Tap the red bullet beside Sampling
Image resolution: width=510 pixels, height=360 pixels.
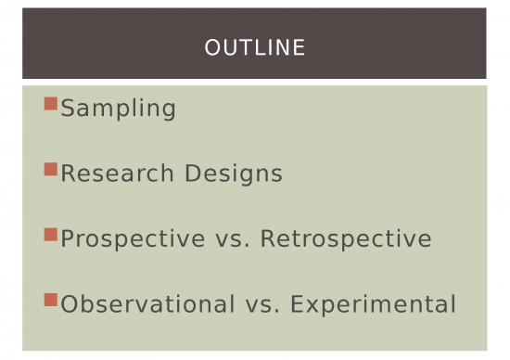[x=51, y=104]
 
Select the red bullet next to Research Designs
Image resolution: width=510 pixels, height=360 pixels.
[x=51, y=169]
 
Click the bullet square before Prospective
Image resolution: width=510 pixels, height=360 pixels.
[x=51, y=234]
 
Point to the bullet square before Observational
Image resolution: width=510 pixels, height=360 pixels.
[x=51, y=300]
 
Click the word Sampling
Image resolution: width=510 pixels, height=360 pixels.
[x=119, y=109]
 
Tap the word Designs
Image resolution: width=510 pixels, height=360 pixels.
[x=234, y=174]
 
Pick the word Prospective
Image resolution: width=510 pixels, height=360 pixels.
[x=133, y=239]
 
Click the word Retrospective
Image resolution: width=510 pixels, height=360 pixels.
[x=346, y=239]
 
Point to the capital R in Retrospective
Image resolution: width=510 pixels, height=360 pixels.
[x=268, y=239]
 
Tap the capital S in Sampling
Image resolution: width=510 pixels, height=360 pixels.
[x=68, y=109]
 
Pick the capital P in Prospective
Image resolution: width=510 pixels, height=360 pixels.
[x=68, y=239]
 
